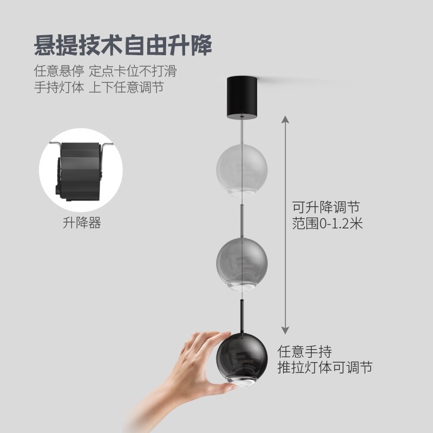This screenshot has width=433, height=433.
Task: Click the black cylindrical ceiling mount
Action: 240,98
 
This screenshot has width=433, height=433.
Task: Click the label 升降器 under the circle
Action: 82,223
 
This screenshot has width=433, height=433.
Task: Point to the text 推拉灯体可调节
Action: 325,367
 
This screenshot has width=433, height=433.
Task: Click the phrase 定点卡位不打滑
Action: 133,71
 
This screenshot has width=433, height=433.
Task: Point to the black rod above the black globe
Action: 242,314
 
